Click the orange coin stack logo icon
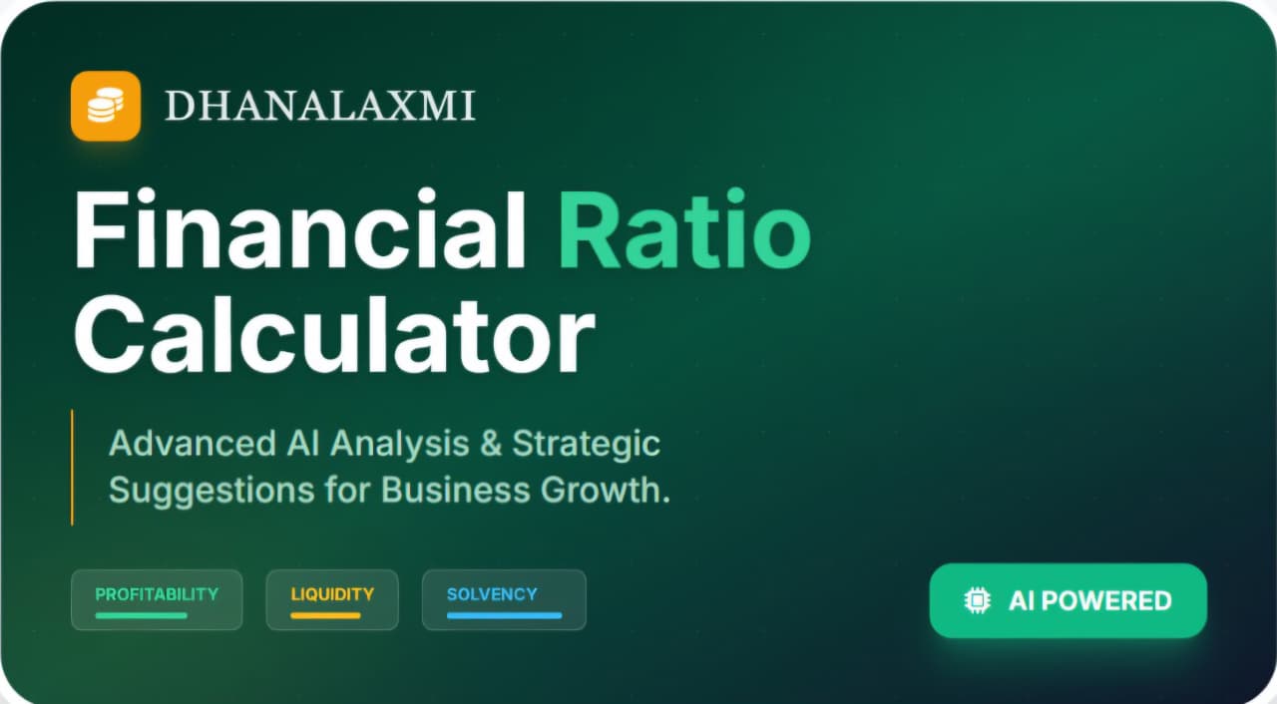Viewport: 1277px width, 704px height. coord(106,106)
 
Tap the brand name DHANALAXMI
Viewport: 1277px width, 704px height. coord(320,106)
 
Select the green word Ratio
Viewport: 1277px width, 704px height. coord(684,229)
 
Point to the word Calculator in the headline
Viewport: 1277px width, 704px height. coord(334,335)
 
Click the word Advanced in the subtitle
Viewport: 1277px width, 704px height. coord(193,443)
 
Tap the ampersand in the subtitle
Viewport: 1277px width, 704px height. coord(490,443)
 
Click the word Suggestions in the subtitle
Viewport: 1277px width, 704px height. coord(212,492)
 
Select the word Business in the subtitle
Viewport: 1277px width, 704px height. coord(456,490)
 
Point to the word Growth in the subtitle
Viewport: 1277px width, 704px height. coord(600,490)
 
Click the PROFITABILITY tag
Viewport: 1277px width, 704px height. coord(157,599)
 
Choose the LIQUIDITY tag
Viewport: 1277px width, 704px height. coord(332,599)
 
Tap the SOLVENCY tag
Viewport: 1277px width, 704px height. coord(504,599)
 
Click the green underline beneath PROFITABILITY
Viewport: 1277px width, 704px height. coord(142,615)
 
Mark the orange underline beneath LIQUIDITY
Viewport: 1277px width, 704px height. coord(325,615)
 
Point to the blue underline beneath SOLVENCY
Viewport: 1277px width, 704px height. coord(505,615)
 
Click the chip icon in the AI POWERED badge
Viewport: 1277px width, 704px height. coord(977,600)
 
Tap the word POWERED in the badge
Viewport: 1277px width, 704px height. coord(1106,600)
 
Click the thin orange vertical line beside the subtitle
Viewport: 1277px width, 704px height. coord(72,467)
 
